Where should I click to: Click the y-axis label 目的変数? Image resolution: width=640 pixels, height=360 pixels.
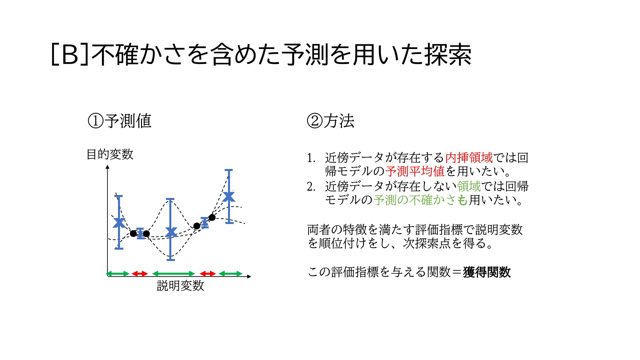click(x=110, y=154)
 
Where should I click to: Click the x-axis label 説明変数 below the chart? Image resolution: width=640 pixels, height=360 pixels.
click(x=180, y=286)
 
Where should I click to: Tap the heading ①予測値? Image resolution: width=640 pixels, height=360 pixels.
click(x=119, y=121)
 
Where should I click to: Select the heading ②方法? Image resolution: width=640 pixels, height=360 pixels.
click(x=330, y=121)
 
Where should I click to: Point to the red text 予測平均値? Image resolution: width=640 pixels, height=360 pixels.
click(x=415, y=171)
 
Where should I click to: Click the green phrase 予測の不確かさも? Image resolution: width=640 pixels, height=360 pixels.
click(x=421, y=200)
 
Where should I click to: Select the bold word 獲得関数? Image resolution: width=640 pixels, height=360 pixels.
click(x=487, y=272)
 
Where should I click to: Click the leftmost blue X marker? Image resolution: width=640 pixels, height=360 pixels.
click(x=119, y=223)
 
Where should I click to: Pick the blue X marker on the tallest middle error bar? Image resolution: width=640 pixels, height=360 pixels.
click(x=171, y=232)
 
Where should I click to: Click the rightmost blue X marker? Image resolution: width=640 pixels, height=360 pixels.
click(x=229, y=197)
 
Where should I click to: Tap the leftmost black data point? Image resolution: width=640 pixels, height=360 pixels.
click(x=133, y=234)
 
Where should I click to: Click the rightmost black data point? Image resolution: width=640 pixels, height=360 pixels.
click(x=212, y=218)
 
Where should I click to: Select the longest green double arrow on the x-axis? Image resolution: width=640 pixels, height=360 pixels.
click(x=174, y=274)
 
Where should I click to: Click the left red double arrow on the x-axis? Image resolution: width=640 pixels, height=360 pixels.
click(x=140, y=274)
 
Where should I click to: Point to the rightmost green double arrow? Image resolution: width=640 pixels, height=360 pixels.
click(x=231, y=274)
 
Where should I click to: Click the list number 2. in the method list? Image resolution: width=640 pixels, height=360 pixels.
click(x=311, y=187)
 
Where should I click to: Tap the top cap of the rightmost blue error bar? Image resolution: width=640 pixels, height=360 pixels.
click(x=229, y=170)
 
